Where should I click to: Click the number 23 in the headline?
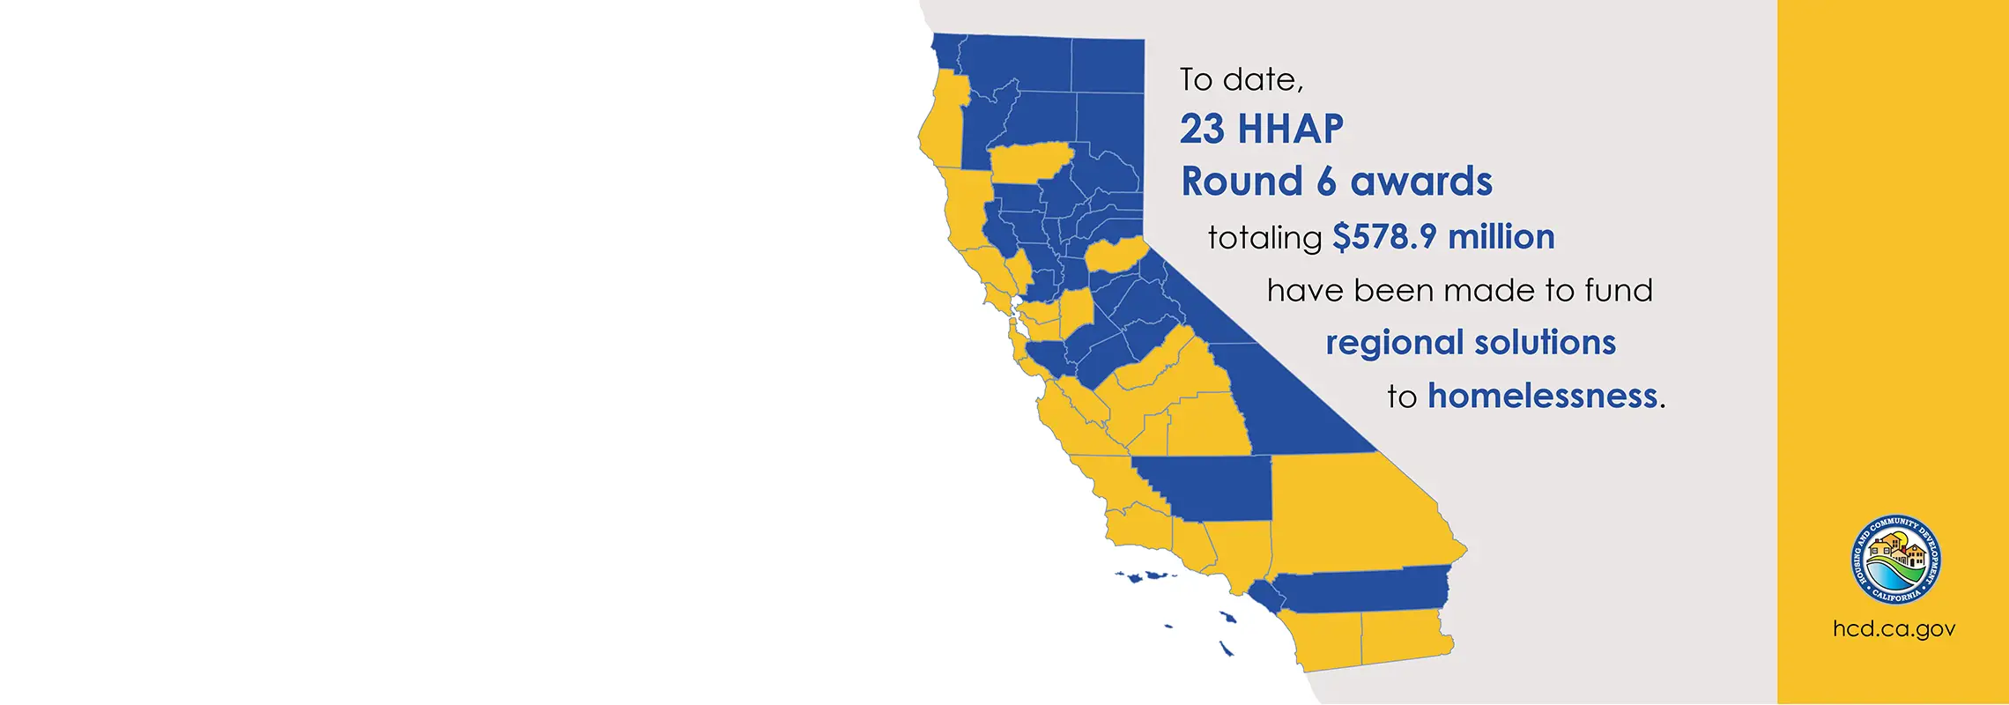coord(1203,130)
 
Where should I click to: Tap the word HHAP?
coord(1291,130)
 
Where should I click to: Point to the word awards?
coord(1421,182)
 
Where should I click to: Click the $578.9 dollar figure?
coord(1384,236)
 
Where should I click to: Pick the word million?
coord(1501,236)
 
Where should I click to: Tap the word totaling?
coord(1264,238)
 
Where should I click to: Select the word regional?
coord(1391,343)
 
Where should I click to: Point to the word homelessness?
coord(1543,396)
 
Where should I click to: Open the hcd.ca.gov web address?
coord(1894,629)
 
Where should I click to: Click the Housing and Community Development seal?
coord(1895,560)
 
